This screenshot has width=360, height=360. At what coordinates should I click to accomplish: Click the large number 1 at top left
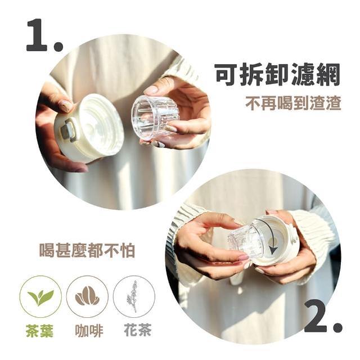37,35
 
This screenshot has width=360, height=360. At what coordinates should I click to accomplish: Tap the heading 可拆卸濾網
278,74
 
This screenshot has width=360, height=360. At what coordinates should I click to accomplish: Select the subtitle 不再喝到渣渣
293,103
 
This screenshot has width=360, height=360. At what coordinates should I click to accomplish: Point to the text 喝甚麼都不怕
87,250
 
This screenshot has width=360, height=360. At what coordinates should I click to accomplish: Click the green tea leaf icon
40,297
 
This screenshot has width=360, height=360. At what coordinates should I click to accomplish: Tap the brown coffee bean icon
87,296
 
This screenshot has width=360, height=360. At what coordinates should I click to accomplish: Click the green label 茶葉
40,330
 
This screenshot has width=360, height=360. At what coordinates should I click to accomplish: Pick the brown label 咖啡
89,330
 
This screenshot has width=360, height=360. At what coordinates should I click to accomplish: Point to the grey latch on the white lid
67,129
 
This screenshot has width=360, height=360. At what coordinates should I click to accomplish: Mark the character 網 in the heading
328,74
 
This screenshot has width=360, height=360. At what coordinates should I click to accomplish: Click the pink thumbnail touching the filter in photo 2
243,258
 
